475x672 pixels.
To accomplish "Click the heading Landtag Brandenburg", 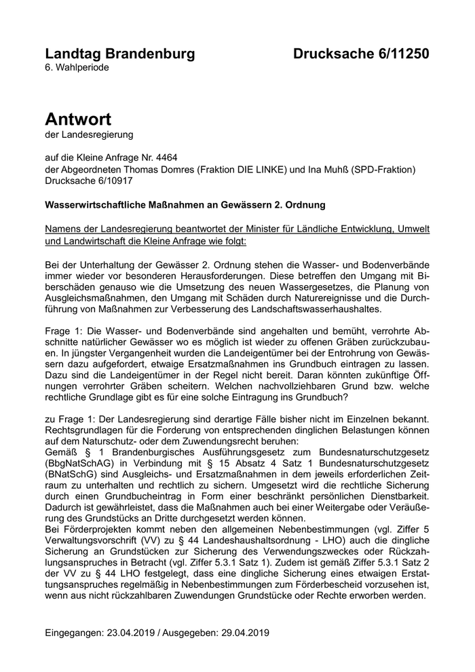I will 119,54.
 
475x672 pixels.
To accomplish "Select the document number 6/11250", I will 396,54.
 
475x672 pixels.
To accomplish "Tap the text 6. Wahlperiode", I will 77,68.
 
